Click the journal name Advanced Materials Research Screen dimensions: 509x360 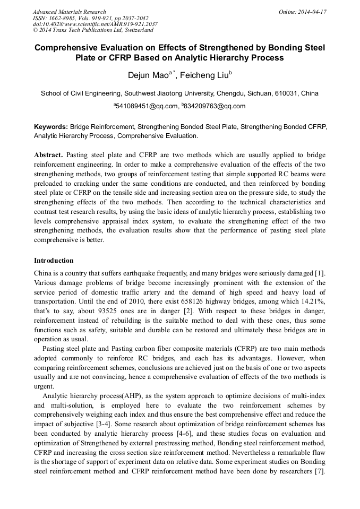(x=69, y=12)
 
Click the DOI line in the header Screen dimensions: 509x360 (x=95, y=24)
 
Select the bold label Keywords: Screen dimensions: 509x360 (x=51, y=127)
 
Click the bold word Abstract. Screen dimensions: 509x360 (x=48, y=155)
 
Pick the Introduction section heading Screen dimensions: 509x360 (x=54, y=261)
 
